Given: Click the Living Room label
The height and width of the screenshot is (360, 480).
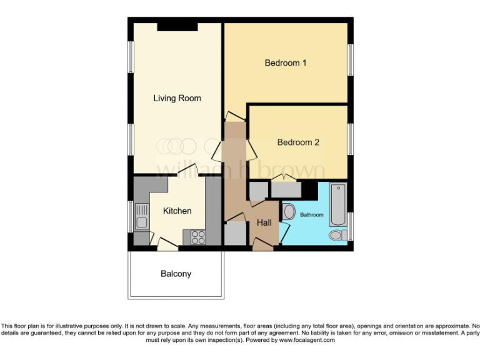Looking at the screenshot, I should tap(177, 98).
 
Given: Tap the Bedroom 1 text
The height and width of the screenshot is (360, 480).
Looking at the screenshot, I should tap(286, 63).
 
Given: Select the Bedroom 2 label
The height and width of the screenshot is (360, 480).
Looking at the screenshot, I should tap(298, 142).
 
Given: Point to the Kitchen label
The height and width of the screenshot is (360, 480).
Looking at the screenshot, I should tap(177, 211).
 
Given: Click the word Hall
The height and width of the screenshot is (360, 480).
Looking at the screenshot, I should tap(264, 223).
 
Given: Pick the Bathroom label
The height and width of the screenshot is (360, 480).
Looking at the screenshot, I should tap(312, 215).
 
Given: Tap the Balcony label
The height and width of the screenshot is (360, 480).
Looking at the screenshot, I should tap(176, 274).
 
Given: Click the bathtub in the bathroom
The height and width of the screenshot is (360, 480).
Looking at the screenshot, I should tap(337, 205).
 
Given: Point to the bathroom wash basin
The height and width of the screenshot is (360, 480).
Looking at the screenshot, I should tap(289, 211).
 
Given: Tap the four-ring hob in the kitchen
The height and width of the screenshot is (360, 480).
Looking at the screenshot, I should tap(198, 237).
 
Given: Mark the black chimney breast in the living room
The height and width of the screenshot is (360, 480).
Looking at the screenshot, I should tap(177, 26).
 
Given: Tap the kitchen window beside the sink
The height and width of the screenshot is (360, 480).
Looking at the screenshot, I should tap(131, 216).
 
